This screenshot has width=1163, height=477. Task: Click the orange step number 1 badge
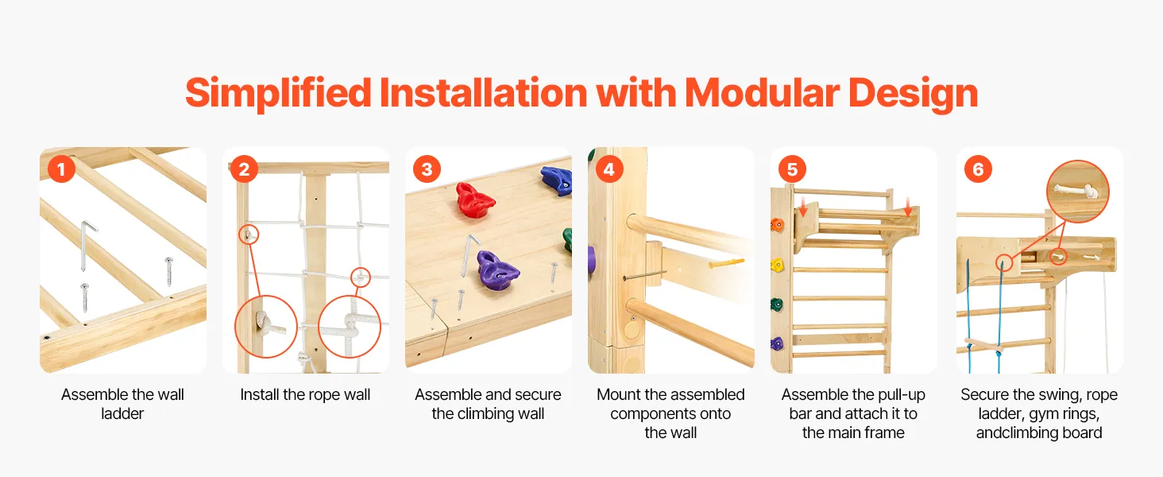point(61,169)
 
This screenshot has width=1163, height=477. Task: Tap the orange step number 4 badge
point(609,169)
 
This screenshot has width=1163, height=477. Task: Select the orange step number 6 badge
point(978,169)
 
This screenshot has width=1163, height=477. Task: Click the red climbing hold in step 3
point(473,199)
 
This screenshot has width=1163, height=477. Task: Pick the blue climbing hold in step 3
point(557,180)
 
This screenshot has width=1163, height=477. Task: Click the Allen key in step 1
point(87,245)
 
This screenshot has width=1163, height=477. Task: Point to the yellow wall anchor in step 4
point(726,262)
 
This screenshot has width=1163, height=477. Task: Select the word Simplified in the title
point(278,95)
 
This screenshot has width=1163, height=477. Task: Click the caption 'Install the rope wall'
point(305,394)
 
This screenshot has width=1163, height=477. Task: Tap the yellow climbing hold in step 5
point(777,265)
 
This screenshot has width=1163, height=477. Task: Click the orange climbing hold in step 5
point(777,225)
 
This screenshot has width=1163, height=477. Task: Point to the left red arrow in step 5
point(802,206)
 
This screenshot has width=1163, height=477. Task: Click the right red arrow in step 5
point(907,206)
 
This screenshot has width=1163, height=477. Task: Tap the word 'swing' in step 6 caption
point(1039,395)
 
